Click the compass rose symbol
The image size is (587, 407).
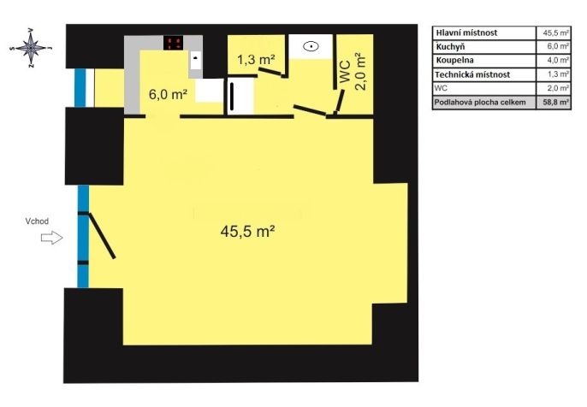pyautogui.click(x=31, y=48)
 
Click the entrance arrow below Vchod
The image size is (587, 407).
pyautogui.click(x=51, y=238)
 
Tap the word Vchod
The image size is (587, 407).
pyautogui.click(x=37, y=221)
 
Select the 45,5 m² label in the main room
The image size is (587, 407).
pyautogui.click(x=248, y=231)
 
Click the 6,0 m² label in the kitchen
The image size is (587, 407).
pyautogui.click(x=168, y=94)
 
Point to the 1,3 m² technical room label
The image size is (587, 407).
pyautogui.click(x=257, y=60)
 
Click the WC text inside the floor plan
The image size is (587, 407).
pyautogui.click(x=345, y=72)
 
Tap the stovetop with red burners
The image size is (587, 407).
pyautogui.click(x=174, y=43)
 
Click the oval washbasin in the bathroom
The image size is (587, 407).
pyautogui.click(x=311, y=46)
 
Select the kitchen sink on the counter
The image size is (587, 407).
pyautogui.click(x=195, y=60)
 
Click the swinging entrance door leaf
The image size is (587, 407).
pyautogui.click(x=102, y=236)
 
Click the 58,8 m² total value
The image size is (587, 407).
pyautogui.click(x=556, y=102)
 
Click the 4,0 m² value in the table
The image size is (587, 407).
pyautogui.click(x=556, y=60)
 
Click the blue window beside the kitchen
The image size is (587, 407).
pyautogui.click(x=80, y=88)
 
